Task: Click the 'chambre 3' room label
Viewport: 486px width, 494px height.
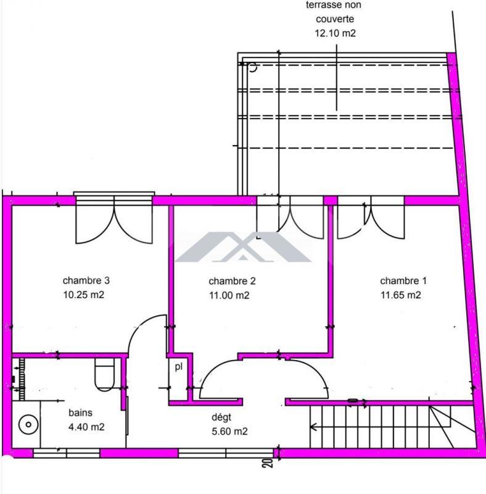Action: (x=86, y=280)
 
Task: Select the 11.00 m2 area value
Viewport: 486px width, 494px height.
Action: (x=229, y=295)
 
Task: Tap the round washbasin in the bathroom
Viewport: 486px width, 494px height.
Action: (x=27, y=424)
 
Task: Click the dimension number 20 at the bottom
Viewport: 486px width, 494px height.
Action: (x=268, y=464)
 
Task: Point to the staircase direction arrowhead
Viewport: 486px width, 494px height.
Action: (x=315, y=426)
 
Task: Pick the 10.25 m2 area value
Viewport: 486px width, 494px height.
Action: (x=83, y=295)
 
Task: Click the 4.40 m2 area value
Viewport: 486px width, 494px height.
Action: (x=85, y=426)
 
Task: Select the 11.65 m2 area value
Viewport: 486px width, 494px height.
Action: (x=400, y=295)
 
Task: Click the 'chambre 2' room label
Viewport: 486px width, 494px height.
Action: (x=232, y=280)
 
